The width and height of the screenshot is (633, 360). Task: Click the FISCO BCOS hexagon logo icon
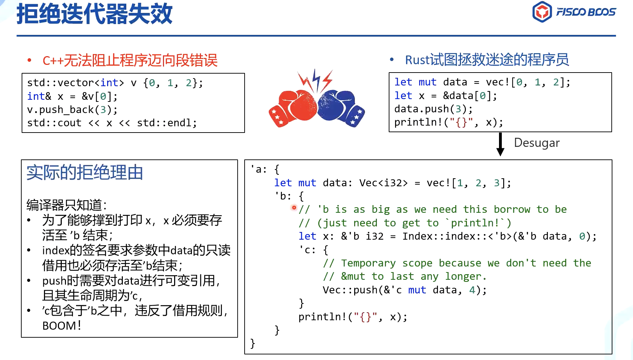click(542, 12)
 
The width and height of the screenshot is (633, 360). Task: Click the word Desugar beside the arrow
click(537, 143)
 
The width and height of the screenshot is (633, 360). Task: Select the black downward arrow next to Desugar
click(500, 144)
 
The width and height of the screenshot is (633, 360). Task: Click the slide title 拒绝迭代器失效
click(95, 14)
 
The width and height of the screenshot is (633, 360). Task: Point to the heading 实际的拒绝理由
click(85, 172)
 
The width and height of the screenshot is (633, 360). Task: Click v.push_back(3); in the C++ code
click(72, 110)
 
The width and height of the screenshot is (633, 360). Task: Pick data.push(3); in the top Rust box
click(433, 109)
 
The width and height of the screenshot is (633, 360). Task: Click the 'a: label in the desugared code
click(259, 169)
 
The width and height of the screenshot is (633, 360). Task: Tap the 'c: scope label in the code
click(308, 250)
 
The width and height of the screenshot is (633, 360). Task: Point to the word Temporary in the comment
click(368, 263)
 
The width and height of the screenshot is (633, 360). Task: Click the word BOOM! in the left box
click(62, 326)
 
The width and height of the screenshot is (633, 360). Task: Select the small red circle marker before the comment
click(294, 208)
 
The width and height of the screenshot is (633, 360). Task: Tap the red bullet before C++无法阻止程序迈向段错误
click(30, 60)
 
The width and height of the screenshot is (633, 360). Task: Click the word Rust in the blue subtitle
click(417, 60)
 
